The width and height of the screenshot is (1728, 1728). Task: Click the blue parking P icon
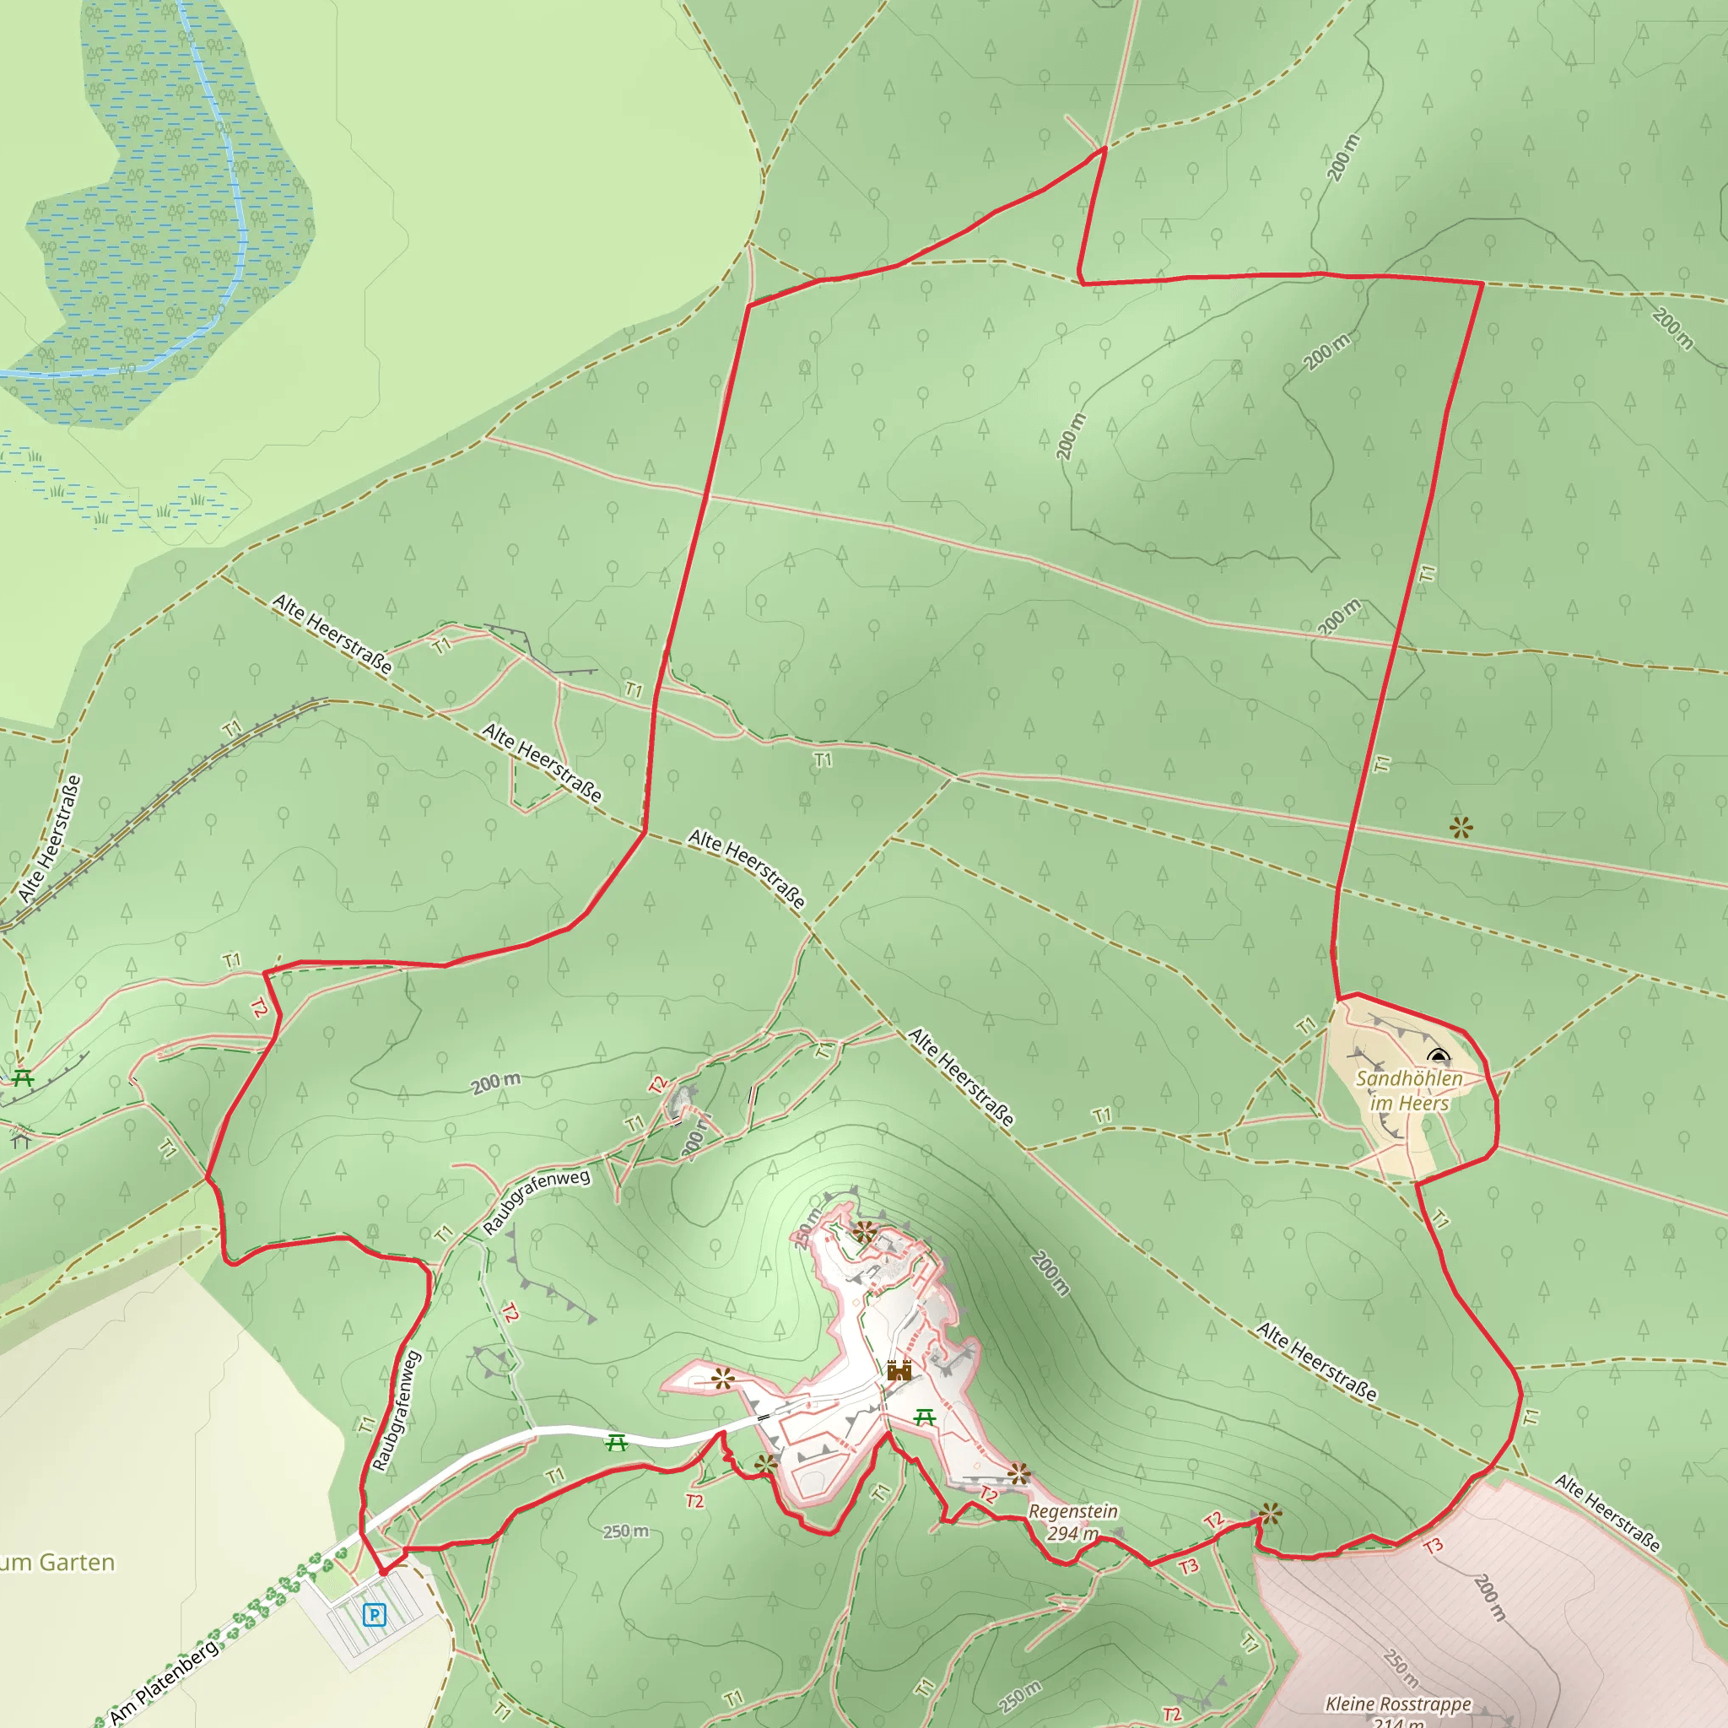click(x=375, y=1614)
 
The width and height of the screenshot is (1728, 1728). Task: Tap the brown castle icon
click(x=899, y=1370)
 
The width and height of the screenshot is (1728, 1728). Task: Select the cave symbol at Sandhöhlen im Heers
click(x=1439, y=1056)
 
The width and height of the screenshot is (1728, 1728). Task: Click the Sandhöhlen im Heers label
click(x=1409, y=1090)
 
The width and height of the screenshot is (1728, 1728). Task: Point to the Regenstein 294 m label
click(x=1072, y=1521)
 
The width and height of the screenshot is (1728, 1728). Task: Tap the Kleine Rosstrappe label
click(x=1398, y=1704)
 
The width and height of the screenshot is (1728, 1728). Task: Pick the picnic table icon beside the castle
click(x=925, y=1417)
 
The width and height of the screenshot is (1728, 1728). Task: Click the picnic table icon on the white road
click(x=615, y=1443)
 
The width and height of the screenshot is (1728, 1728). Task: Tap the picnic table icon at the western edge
click(x=23, y=1078)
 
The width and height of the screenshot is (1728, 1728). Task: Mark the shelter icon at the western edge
click(x=20, y=1137)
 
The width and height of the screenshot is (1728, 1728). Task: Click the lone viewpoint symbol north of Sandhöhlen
click(x=1461, y=828)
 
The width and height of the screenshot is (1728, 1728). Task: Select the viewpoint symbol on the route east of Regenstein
click(x=1270, y=1515)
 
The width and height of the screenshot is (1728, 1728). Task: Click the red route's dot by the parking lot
click(x=383, y=1571)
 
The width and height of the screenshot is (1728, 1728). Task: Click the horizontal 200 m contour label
click(x=495, y=1083)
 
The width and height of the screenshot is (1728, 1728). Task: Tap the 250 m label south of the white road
click(x=625, y=1531)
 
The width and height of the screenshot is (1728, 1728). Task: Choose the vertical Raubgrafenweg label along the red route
click(x=396, y=1411)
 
